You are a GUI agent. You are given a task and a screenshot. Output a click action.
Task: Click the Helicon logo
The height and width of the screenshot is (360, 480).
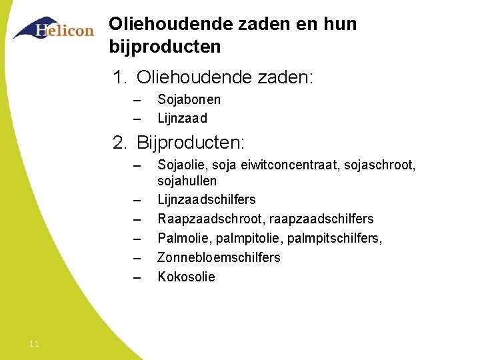point(54,29)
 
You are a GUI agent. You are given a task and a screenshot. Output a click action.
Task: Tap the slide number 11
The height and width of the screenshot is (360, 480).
point(35,343)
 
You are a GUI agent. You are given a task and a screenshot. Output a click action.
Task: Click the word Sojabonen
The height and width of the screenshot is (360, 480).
point(189,100)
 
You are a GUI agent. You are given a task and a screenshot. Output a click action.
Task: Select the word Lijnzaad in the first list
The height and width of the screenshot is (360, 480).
point(182,119)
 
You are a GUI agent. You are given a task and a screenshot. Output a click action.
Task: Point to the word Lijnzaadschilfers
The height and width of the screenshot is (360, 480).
point(206,200)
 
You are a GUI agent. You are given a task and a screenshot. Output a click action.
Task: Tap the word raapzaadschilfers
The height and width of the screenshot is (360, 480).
point(321,219)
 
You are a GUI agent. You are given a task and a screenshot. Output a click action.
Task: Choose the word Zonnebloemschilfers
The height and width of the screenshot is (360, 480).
point(219,257)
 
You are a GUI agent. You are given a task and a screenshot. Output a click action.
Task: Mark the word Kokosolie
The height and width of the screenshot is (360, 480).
point(186,277)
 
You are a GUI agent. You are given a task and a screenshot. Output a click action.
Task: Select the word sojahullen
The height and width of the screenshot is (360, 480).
point(187,181)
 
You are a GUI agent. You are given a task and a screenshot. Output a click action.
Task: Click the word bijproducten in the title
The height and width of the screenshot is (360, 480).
point(165,47)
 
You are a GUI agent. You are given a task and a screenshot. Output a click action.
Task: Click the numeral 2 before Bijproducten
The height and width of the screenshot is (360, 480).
point(119,143)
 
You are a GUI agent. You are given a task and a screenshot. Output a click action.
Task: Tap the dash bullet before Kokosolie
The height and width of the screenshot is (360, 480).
point(137,277)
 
